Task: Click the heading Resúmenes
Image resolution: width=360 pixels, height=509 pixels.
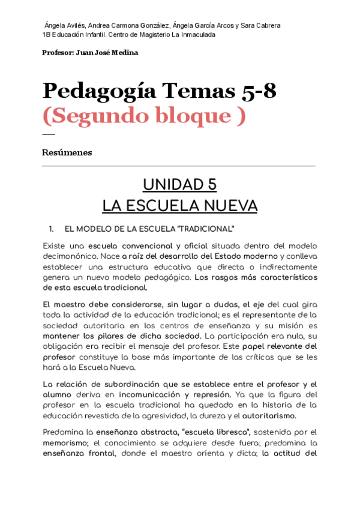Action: coord(67,152)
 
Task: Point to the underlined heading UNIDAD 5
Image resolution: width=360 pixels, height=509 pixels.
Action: coord(179,184)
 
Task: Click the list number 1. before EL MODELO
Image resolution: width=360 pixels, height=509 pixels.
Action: coord(52,229)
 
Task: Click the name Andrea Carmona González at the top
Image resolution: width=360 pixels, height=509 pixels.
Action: coord(128,26)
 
